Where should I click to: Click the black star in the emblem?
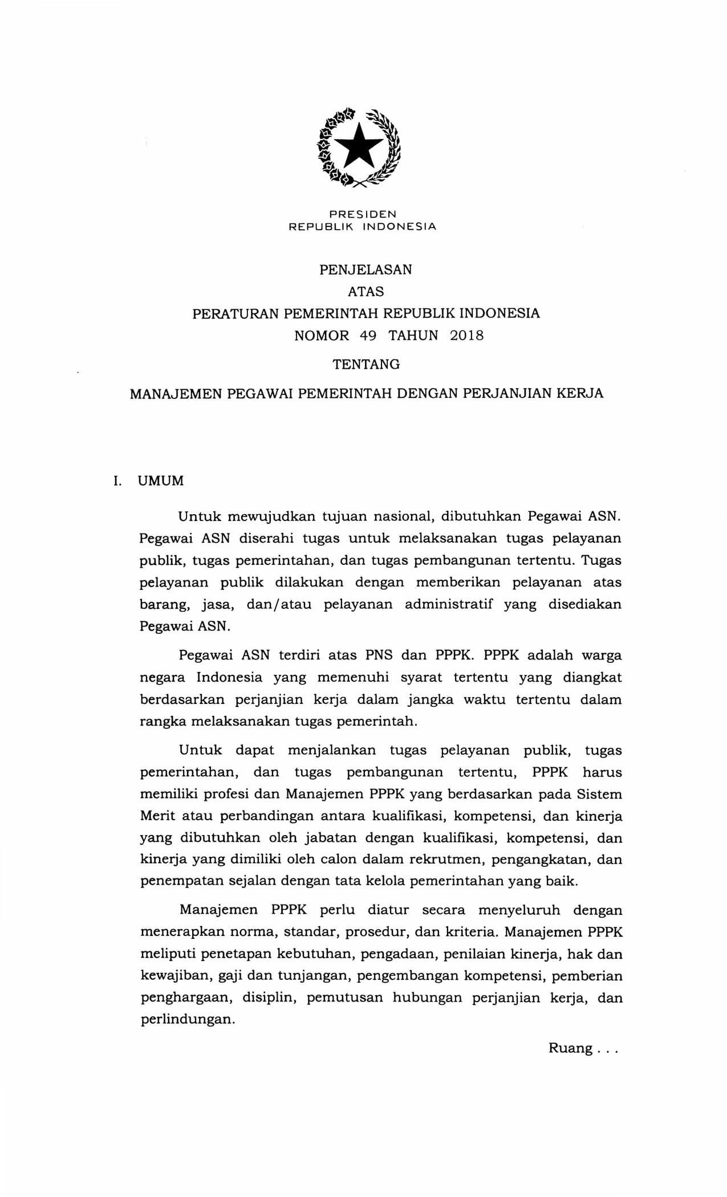pos(358,146)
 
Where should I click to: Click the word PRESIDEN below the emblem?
pos(363,214)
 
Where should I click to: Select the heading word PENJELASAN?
pos(365,270)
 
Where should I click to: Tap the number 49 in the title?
pos(368,336)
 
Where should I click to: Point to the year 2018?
pos(466,336)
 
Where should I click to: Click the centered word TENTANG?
pos(366,364)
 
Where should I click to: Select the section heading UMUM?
pos(161,481)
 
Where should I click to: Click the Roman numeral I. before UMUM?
pos(117,481)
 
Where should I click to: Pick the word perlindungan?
pos(188,1020)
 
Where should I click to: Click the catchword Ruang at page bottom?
pos(570,1048)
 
